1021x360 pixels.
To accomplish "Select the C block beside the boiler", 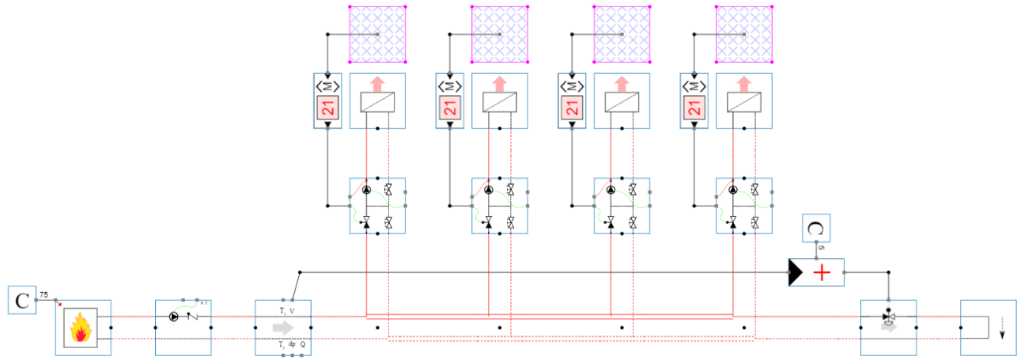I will tap(22, 301).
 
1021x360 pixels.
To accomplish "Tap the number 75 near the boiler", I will tap(43, 295).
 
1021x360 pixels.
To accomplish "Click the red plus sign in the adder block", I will tap(823, 273).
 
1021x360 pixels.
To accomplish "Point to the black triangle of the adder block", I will tap(796, 273).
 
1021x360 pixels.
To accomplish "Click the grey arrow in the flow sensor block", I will tap(282, 328).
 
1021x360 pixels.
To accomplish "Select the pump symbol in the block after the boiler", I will tap(173, 316).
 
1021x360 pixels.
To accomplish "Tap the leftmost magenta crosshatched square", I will tap(378, 34).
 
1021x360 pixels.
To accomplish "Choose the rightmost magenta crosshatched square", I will tap(743, 34).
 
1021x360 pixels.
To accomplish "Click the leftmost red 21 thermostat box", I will tap(328, 108).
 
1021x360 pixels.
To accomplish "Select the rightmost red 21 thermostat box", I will tap(694, 108).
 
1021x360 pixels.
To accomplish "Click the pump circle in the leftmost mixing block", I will tap(366, 190).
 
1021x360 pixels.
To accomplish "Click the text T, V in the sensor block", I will tap(286, 311).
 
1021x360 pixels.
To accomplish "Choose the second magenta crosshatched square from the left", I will tap(499, 34).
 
